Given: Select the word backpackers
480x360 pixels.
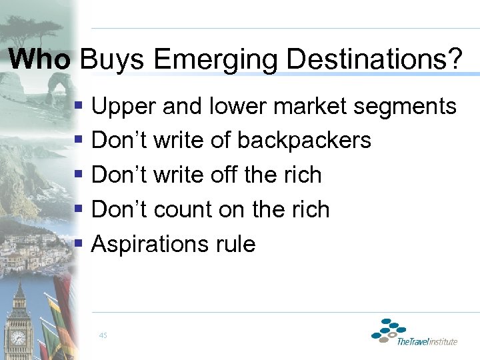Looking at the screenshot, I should (304, 140).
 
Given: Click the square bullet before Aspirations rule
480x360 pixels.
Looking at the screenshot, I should (79, 244).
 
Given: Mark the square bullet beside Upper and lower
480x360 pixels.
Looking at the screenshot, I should (79, 106).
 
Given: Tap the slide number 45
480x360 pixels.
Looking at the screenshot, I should (103, 335).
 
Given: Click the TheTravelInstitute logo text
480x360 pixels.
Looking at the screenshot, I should (427, 342).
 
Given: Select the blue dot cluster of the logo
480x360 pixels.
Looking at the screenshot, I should (389, 330).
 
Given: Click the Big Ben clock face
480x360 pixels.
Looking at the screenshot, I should (18, 338).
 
